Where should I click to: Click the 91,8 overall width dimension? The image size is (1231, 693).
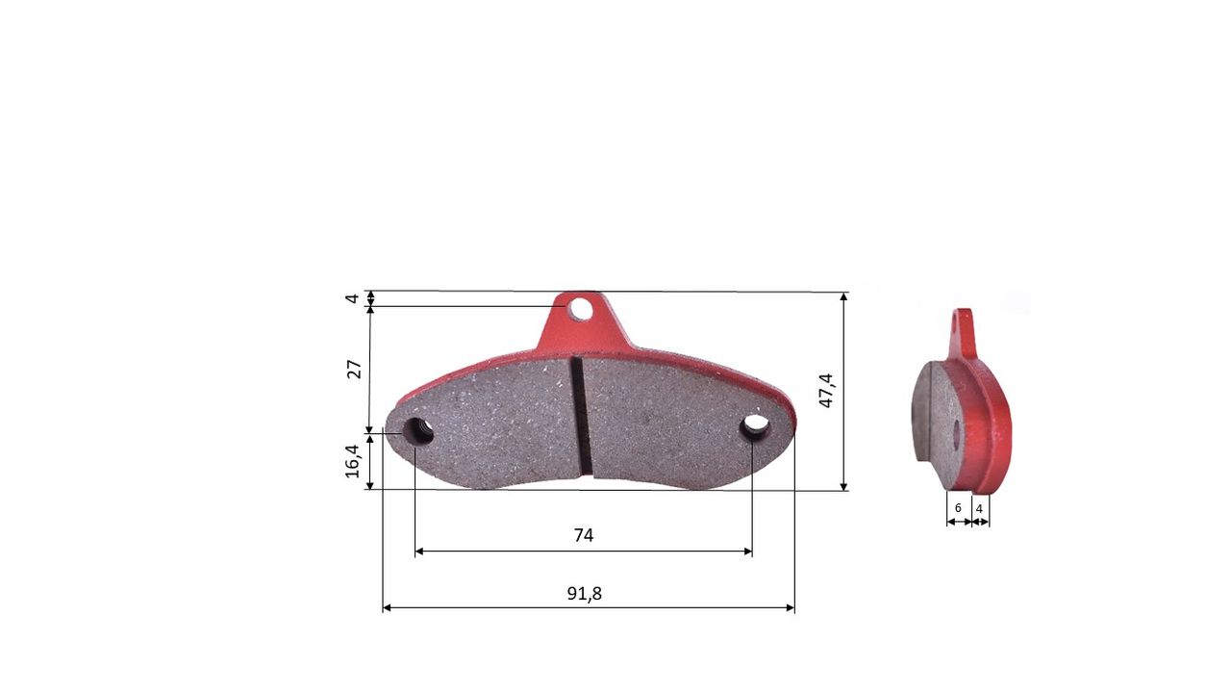584,594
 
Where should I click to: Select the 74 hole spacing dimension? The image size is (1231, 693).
584,535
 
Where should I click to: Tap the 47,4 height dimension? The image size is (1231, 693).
826,391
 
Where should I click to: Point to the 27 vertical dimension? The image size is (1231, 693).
355,369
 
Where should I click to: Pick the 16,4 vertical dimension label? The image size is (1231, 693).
352,461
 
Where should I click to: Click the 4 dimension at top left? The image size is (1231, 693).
352,298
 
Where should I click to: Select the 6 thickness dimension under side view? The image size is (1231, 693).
958,508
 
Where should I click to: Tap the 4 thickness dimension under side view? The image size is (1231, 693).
979,509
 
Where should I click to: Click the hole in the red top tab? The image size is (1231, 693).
580,309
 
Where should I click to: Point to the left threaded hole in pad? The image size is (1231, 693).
417,430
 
